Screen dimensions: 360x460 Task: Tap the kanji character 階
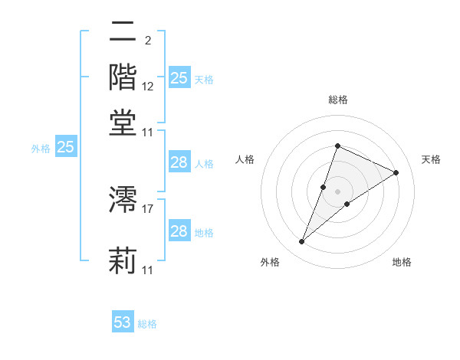click(x=123, y=77)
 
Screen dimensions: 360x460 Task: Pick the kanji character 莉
click(x=123, y=260)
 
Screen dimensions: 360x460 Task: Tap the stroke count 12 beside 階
click(x=148, y=87)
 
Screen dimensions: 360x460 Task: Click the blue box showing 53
click(x=123, y=322)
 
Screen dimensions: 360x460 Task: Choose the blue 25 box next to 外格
click(x=65, y=147)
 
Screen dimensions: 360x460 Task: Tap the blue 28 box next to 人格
click(x=179, y=162)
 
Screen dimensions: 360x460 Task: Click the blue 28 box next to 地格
click(x=179, y=231)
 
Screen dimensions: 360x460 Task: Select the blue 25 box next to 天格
click(x=179, y=78)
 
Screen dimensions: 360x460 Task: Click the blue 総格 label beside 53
click(x=147, y=324)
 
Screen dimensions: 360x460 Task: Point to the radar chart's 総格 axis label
click(x=337, y=100)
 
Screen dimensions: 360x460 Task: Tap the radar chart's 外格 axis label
click(x=269, y=262)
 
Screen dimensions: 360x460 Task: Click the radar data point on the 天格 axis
click(x=396, y=173)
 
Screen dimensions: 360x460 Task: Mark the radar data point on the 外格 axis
click(x=301, y=242)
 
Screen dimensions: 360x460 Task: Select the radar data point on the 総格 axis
click(x=337, y=146)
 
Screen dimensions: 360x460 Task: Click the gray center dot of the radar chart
click(x=337, y=191)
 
